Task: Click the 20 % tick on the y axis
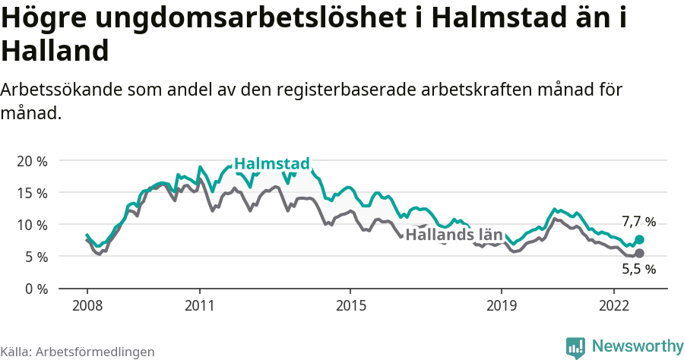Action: pyautogui.click(x=32, y=161)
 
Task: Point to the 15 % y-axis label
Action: pyautogui.click(x=32, y=193)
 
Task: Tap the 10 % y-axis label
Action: pyautogui.click(x=32, y=225)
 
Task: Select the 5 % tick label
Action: pyautogui.click(x=35, y=257)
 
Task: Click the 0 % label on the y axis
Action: pyautogui.click(x=35, y=289)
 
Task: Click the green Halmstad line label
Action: pyautogui.click(x=271, y=164)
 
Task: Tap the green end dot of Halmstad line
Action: pyautogui.click(x=639, y=239)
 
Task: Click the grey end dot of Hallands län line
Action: pyautogui.click(x=639, y=253)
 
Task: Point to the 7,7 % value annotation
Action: pyautogui.click(x=638, y=223)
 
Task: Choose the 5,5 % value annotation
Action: pyautogui.click(x=638, y=269)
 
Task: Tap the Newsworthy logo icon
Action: pyautogui.click(x=575, y=347)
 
